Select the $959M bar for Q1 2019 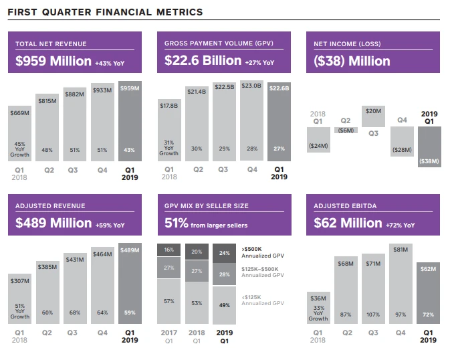coord(130,121)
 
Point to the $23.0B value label coord(251,86)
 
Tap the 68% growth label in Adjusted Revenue coord(74,312)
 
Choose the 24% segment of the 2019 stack coord(224,253)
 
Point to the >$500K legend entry coord(254,251)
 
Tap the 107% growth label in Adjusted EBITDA coord(372,314)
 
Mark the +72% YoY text coord(400,225)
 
